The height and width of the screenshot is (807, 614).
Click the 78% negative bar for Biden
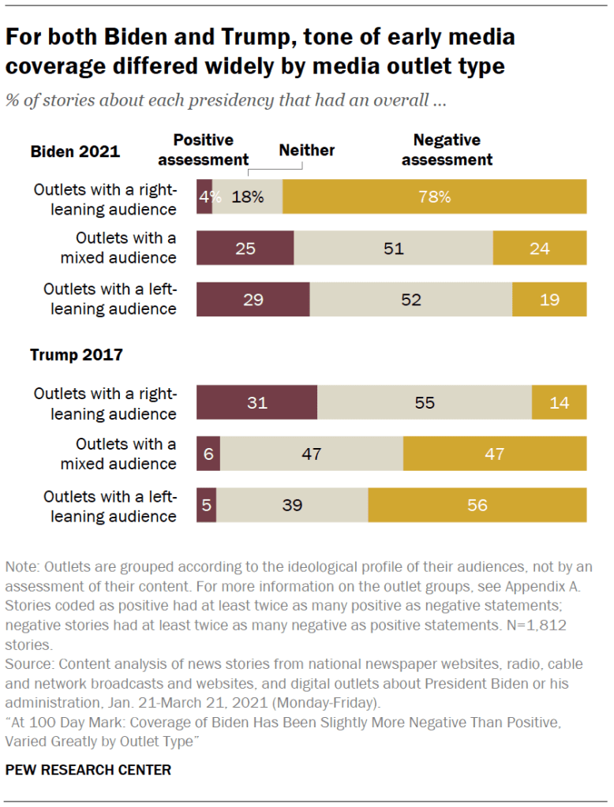tap(434, 197)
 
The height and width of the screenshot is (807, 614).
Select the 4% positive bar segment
tap(204, 197)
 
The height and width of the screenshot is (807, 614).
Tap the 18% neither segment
tap(247, 197)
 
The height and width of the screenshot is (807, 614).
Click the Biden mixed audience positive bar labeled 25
tap(245, 248)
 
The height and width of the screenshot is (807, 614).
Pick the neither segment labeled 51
tap(393, 248)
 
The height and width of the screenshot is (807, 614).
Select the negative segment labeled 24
tap(540, 248)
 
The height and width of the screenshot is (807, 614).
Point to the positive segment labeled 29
tap(253, 300)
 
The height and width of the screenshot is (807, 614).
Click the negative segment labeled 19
tap(549, 300)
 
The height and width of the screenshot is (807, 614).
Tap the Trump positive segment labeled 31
tap(256, 402)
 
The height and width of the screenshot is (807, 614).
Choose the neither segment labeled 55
tap(425, 402)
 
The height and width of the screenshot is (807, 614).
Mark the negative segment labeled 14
tap(560, 402)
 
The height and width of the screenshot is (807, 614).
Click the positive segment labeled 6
tap(208, 454)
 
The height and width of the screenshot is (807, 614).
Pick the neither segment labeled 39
tap(292, 505)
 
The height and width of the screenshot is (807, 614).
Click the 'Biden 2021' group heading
tap(75, 151)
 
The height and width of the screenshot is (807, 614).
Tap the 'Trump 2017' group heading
tap(77, 354)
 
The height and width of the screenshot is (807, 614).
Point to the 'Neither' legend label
tap(306, 150)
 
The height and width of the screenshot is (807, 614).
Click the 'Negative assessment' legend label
tap(447, 150)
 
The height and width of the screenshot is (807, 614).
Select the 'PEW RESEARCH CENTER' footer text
tap(88, 769)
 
